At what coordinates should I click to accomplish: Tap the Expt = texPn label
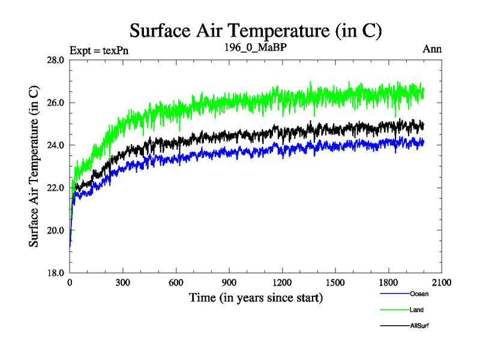click(x=99, y=50)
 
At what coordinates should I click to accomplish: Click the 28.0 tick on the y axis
click(x=56, y=60)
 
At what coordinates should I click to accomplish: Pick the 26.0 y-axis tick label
click(x=56, y=103)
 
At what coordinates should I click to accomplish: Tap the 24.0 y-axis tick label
click(x=56, y=145)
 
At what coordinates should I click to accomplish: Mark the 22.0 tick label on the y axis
click(x=56, y=188)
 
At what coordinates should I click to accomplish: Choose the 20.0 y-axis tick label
click(x=56, y=230)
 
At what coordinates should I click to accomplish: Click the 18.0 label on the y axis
click(x=56, y=273)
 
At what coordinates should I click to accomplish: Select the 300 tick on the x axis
click(x=123, y=283)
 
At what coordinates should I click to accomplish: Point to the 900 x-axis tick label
click(x=229, y=283)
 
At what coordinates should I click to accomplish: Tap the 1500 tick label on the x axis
click(x=335, y=283)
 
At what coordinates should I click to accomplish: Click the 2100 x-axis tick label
click(x=441, y=283)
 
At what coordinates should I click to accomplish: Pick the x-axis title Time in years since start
click(x=256, y=298)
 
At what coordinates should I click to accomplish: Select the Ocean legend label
click(x=419, y=294)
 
